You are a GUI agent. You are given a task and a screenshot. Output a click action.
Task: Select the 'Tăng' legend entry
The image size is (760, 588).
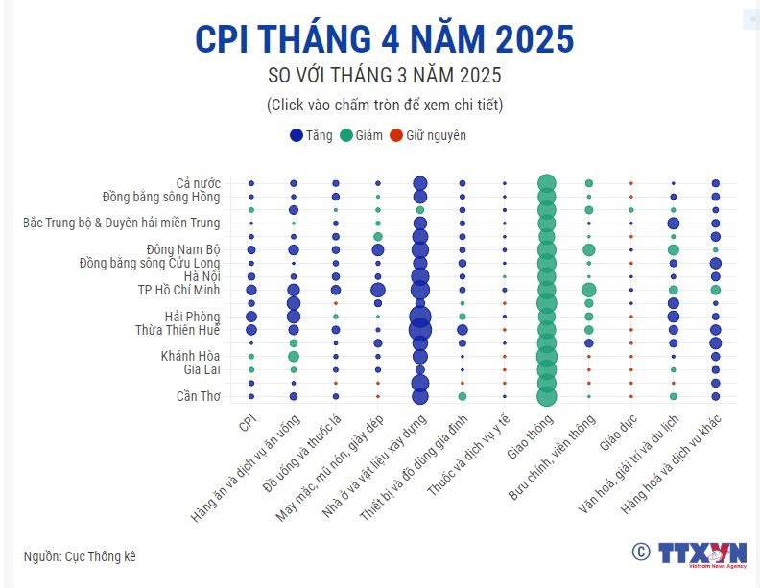(x=311, y=135)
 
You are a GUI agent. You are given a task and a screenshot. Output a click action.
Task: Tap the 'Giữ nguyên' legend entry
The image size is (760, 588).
(x=427, y=135)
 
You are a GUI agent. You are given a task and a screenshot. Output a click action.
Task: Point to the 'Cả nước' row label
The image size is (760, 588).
(x=198, y=182)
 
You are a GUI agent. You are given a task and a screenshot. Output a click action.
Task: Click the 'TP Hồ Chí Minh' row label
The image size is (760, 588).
(x=178, y=290)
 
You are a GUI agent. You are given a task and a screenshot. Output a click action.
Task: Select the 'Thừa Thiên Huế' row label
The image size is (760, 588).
(x=178, y=330)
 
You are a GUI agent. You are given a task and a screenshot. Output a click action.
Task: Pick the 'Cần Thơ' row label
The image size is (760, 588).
(x=198, y=396)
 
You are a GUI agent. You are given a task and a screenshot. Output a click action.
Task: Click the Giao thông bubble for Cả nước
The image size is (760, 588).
(x=546, y=183)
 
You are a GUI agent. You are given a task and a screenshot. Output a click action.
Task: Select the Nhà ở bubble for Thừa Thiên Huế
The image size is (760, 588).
(x=419, y=330)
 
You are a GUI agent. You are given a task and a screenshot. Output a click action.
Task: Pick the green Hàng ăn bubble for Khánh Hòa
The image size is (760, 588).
(x=294, y=357)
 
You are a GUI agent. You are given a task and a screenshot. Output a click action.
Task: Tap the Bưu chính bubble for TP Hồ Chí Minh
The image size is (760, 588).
(x=588, y=290)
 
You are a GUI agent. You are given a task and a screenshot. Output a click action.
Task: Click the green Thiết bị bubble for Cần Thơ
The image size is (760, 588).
(x=463, y=396)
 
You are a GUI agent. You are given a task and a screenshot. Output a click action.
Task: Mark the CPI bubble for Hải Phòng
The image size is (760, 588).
(x=251, y=317)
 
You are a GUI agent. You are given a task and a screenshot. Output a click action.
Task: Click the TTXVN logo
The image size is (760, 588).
(x=701, y=553)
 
